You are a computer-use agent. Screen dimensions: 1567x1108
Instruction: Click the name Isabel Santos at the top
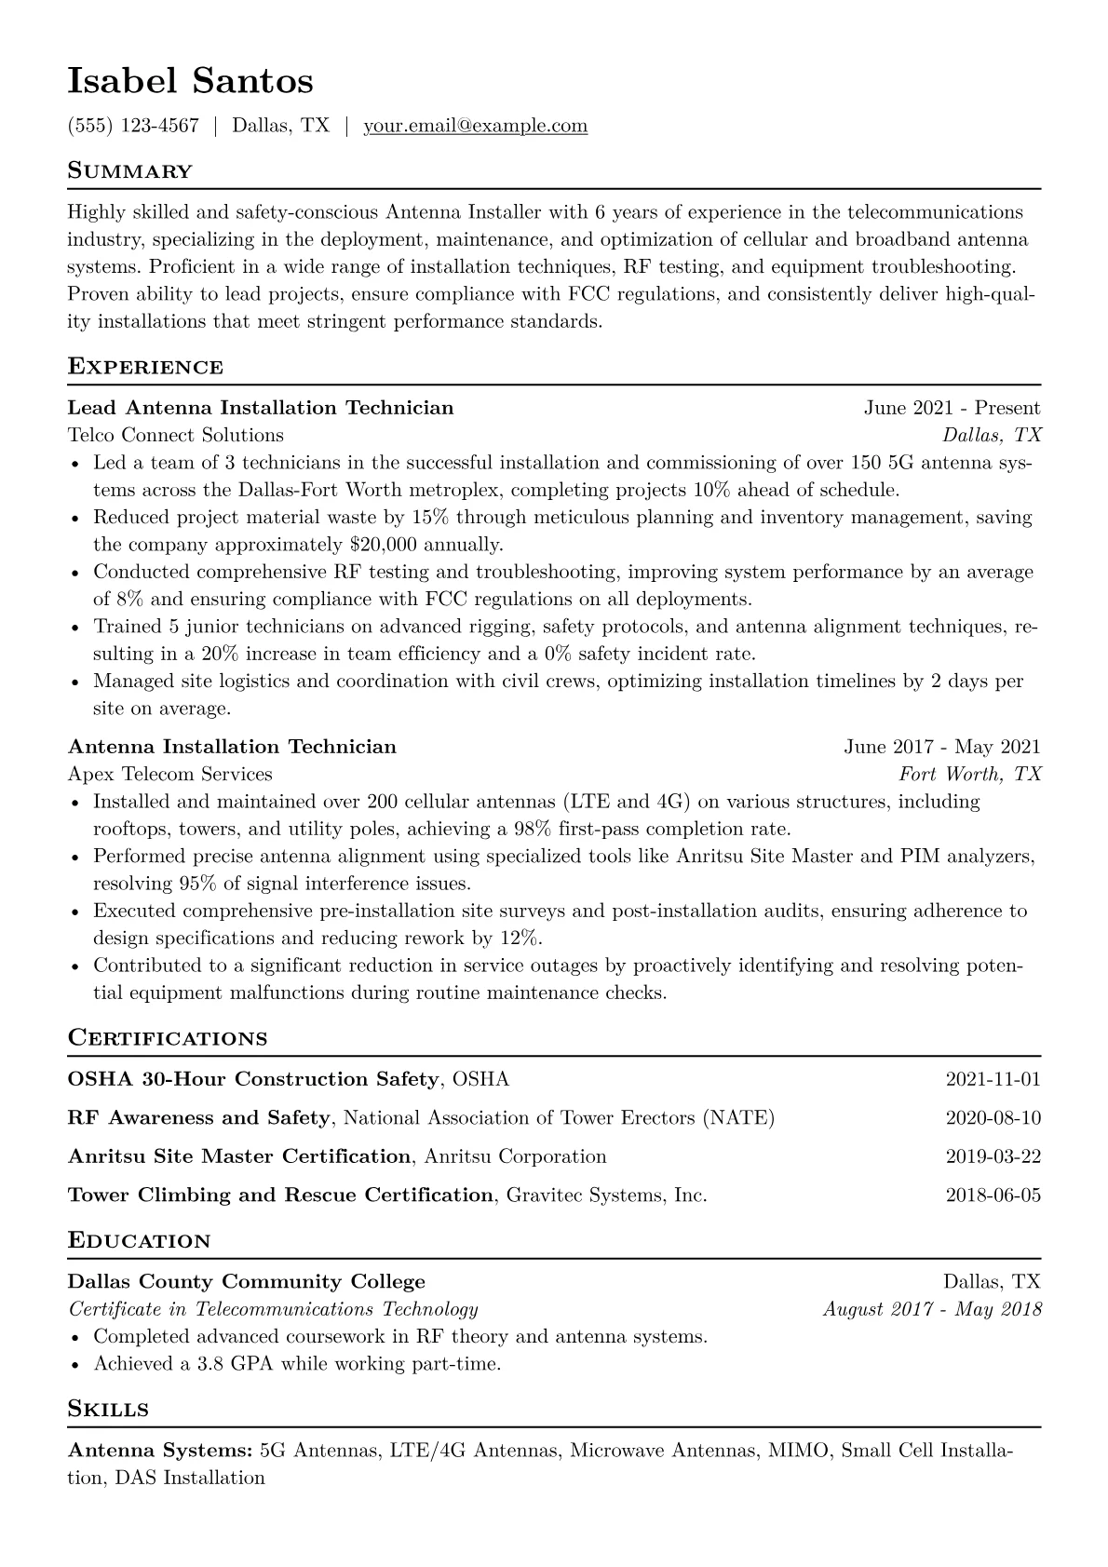[190, 82]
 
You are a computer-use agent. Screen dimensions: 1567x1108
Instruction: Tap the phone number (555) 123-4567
[133, 126]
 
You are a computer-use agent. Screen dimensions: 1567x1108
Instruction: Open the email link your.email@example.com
[475, 126]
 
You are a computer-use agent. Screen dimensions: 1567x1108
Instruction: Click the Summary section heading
[129, 171]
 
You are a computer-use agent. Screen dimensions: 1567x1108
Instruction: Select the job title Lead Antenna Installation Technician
[261, 408]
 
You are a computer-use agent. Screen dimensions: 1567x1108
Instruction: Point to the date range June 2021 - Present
[952, 408]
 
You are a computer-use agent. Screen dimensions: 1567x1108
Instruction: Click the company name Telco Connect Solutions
[176, 435]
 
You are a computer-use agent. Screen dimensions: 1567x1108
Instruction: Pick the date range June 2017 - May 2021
[942, 747]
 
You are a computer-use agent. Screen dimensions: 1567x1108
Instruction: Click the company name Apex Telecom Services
[170, 774]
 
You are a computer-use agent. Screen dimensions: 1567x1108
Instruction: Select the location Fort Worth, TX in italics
[969, 774]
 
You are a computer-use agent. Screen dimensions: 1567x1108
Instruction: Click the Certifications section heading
[168, 1038]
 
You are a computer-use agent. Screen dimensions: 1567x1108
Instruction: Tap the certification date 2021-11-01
[993, 1079]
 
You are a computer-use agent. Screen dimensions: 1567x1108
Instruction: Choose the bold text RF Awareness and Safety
[199, 1117]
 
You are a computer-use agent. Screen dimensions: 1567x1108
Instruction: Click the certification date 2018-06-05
[993, 1195]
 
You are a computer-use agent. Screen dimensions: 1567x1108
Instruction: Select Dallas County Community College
[247, 1282]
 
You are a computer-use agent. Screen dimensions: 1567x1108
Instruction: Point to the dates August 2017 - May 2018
[932, 1309]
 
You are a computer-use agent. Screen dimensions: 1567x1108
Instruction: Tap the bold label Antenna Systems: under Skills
[160, 1450]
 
